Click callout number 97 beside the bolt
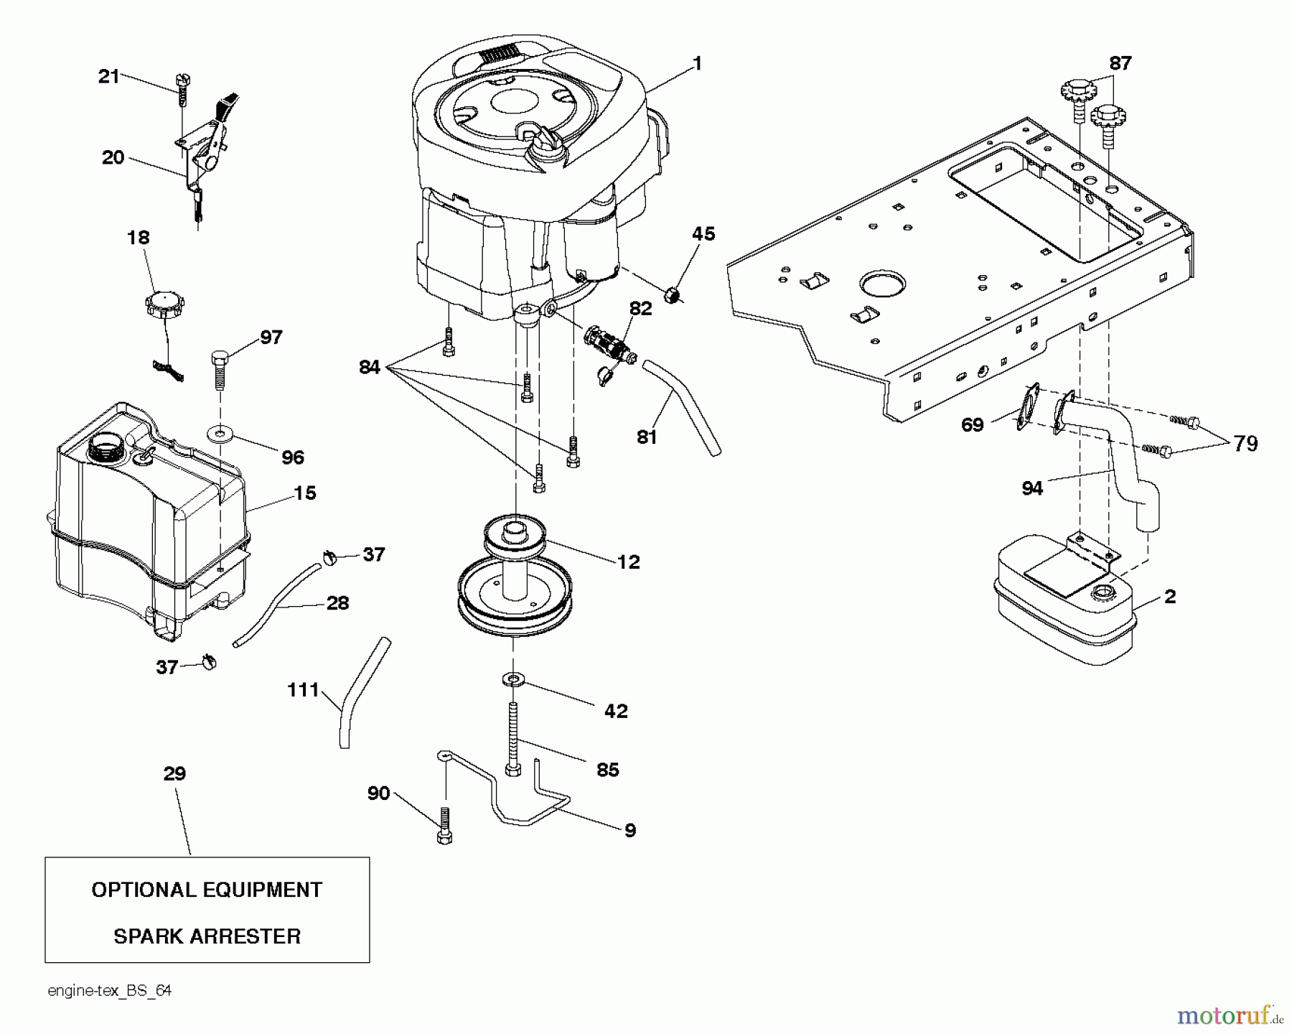pyautogui.click(x=271, y=337)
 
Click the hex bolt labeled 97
pyautogui.click(x=219, y=367)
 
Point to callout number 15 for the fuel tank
pyautogui.click(x=305, y=493)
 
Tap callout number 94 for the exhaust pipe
pyautogui.click(x=1032, y=488)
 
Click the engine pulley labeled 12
pyautogui.click(x=515, y=574)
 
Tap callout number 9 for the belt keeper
pyautogui.click(x=629, y=831)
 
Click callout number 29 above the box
pyautogui.click(x=174, y=773)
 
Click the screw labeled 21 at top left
pyautogui.click(x=182, y=92)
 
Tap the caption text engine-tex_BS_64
pyautogui.click(x=110, y=991)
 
